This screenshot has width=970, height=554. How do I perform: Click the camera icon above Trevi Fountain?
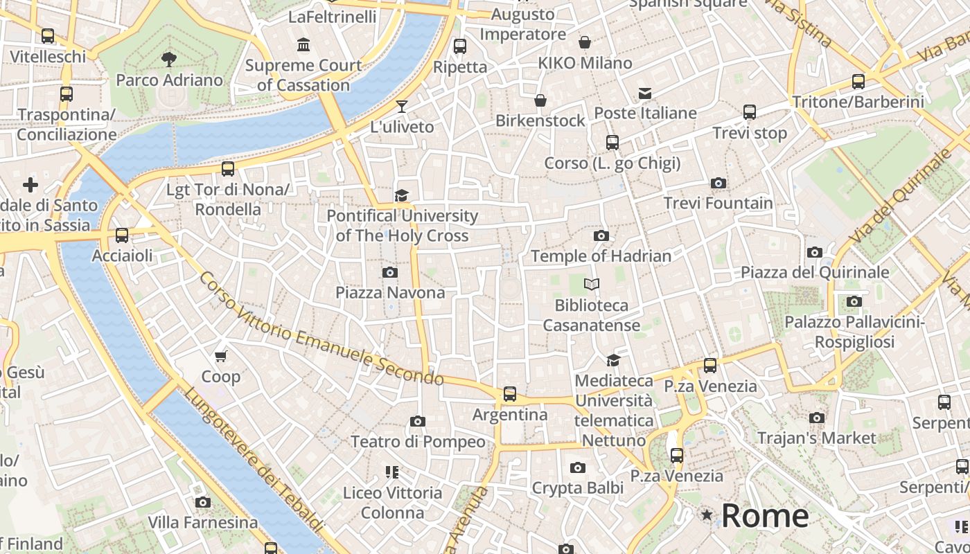click(x=718, y=184)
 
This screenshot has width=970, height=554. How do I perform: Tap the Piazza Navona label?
click(x=390, y=293)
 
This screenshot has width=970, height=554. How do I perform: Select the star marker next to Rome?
click(x=707, y=515)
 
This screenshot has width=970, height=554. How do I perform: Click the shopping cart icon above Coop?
click(x=220, y=357)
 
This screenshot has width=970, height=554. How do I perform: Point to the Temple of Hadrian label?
click(x=601, y=256)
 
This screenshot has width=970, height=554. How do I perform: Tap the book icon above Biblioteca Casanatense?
click(x=591, y=284)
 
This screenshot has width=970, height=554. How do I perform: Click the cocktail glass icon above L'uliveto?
click(x=401, y=107)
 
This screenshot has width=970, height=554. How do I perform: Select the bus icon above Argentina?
click(x=510, y=394)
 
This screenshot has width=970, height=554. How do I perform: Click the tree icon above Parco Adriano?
click(x=168, y=60)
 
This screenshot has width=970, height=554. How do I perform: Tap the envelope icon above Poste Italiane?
click(x=645, y=93)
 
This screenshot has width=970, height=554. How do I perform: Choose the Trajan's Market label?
click(x=816, y=438)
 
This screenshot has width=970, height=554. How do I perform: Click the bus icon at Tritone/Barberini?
click(x=858, y=82)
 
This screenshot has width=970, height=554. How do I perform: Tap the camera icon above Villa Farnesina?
click(x=202, y=502)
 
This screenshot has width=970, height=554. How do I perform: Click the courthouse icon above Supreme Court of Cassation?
click(x=303, y=46)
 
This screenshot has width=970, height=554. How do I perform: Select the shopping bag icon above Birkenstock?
click(x=540, y=101)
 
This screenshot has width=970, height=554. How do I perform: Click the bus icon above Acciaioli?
click(x=122, y=235)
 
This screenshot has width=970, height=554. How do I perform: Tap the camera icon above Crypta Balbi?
click(x=578, y=468)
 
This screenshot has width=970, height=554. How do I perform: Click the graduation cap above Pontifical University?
click(x=401, y=196)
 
